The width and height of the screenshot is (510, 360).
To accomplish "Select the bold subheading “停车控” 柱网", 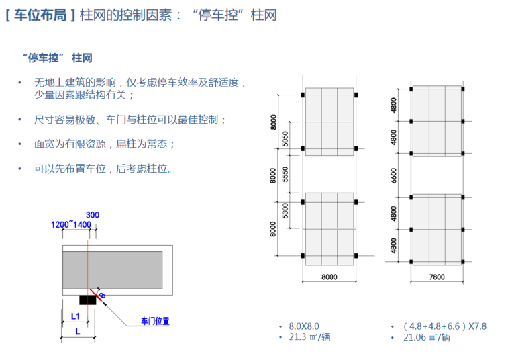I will (56, 58).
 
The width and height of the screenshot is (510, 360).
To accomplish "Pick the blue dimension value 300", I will (93, 215).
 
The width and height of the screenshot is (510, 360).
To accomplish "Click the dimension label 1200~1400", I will (71, 225).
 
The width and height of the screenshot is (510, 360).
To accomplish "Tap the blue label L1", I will (75, 316).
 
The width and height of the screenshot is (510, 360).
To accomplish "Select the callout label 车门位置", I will (155, 322).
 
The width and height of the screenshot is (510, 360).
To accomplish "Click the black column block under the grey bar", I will (88, 300).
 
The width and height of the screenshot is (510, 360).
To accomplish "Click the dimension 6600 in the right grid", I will (394, 175).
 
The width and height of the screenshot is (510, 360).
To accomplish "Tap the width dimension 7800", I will (437, 277).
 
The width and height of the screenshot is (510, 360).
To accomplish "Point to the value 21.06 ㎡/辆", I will (427, 337).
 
